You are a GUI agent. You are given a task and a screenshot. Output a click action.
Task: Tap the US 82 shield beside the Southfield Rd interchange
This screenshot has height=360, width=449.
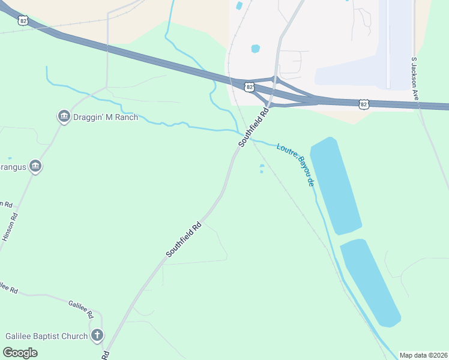click(x=249, y=88)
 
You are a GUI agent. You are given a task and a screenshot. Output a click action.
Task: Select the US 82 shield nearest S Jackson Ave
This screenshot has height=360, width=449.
click(x=364, y=104)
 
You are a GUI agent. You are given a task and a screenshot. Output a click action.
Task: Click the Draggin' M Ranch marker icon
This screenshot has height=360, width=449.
click(x=64, y=116)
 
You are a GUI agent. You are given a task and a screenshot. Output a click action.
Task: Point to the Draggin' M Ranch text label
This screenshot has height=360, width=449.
click(x=106, y=117)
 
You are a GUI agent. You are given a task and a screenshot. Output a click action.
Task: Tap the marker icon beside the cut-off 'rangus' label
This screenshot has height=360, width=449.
click(x=35, y=166)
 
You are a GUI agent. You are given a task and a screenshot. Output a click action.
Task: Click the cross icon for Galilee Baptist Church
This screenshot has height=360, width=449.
click(x=97, y=335)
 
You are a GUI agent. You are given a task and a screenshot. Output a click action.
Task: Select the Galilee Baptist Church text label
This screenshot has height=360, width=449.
click(x=46, y=336)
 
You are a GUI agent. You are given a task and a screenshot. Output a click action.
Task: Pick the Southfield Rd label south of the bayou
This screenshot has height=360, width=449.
click(x=184, y=240)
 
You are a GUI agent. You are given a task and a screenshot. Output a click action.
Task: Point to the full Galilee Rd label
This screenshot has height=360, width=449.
click(x=81, y=309)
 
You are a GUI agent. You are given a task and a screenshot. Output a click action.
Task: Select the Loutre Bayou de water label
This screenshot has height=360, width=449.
click(x=296, y=164)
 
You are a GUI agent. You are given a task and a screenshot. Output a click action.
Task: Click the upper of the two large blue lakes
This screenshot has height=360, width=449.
click(x=336, y=185)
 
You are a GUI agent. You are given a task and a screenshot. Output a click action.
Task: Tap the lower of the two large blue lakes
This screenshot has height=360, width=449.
click(x=370, y=281)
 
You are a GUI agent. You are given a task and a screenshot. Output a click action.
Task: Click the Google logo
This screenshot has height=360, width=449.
click(x=20, y=352)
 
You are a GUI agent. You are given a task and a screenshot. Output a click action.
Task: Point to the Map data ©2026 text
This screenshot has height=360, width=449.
click(x=423, y=355)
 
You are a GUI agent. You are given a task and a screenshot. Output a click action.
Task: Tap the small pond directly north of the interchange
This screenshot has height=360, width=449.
click(x=256, y=48)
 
